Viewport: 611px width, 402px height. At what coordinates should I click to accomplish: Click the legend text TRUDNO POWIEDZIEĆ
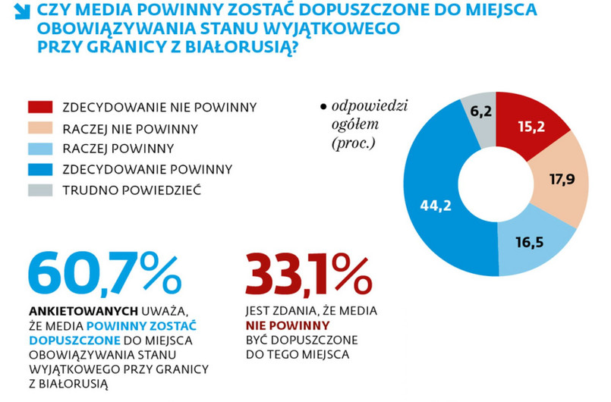(x=131, y=190)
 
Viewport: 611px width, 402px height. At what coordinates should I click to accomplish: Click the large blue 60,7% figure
(x=105, y=273)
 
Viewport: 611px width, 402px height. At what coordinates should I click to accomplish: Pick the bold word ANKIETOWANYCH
(x=82, y=311)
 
